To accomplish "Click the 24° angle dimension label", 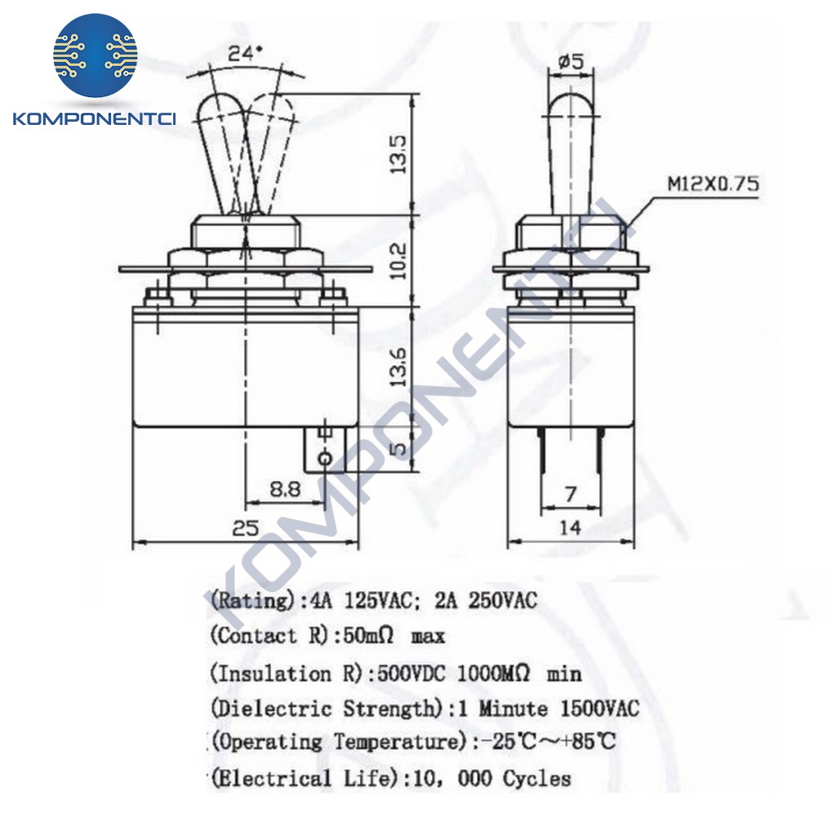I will tap(246, 54).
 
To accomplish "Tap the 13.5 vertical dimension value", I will tap(398, 153).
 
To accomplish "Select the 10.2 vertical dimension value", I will tap(398, 260).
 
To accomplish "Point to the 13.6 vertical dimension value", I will tap(398, 367).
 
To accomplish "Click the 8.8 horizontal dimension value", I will tap(285, 489).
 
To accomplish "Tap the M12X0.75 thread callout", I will tap(713, 184).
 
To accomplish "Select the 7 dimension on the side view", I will tap(571, 494).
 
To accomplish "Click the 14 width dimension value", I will tap(570, 528).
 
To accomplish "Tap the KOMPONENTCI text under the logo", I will tap(95, 119).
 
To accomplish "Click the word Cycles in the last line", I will tap(536, 778).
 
